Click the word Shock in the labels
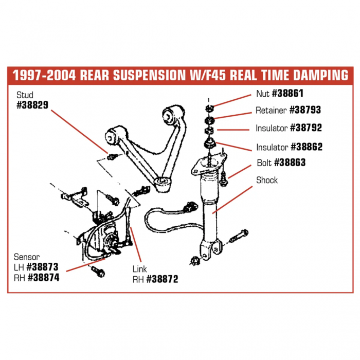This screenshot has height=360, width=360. click(266, 180)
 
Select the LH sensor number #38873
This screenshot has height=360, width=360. click(42, 267)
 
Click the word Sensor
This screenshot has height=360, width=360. click(28, 257)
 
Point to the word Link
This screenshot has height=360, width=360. click(140, 268)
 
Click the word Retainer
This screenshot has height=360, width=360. click(271, 110)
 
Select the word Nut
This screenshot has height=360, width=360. click(262, 94)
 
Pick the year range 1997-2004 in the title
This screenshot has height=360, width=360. click(42, 75)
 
